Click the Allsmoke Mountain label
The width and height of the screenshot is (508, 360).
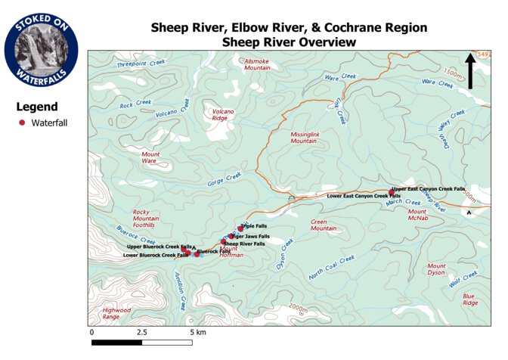point(257,64)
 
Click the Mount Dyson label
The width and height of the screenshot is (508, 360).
point(437,269)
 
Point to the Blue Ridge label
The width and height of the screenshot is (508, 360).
point(469,299)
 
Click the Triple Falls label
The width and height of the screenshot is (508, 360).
point(255,226)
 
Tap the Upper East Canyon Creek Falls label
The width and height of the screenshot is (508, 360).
point(429,189)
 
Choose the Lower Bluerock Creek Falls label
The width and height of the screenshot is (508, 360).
point(156,256)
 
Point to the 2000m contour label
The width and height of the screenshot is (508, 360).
point(297,309)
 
